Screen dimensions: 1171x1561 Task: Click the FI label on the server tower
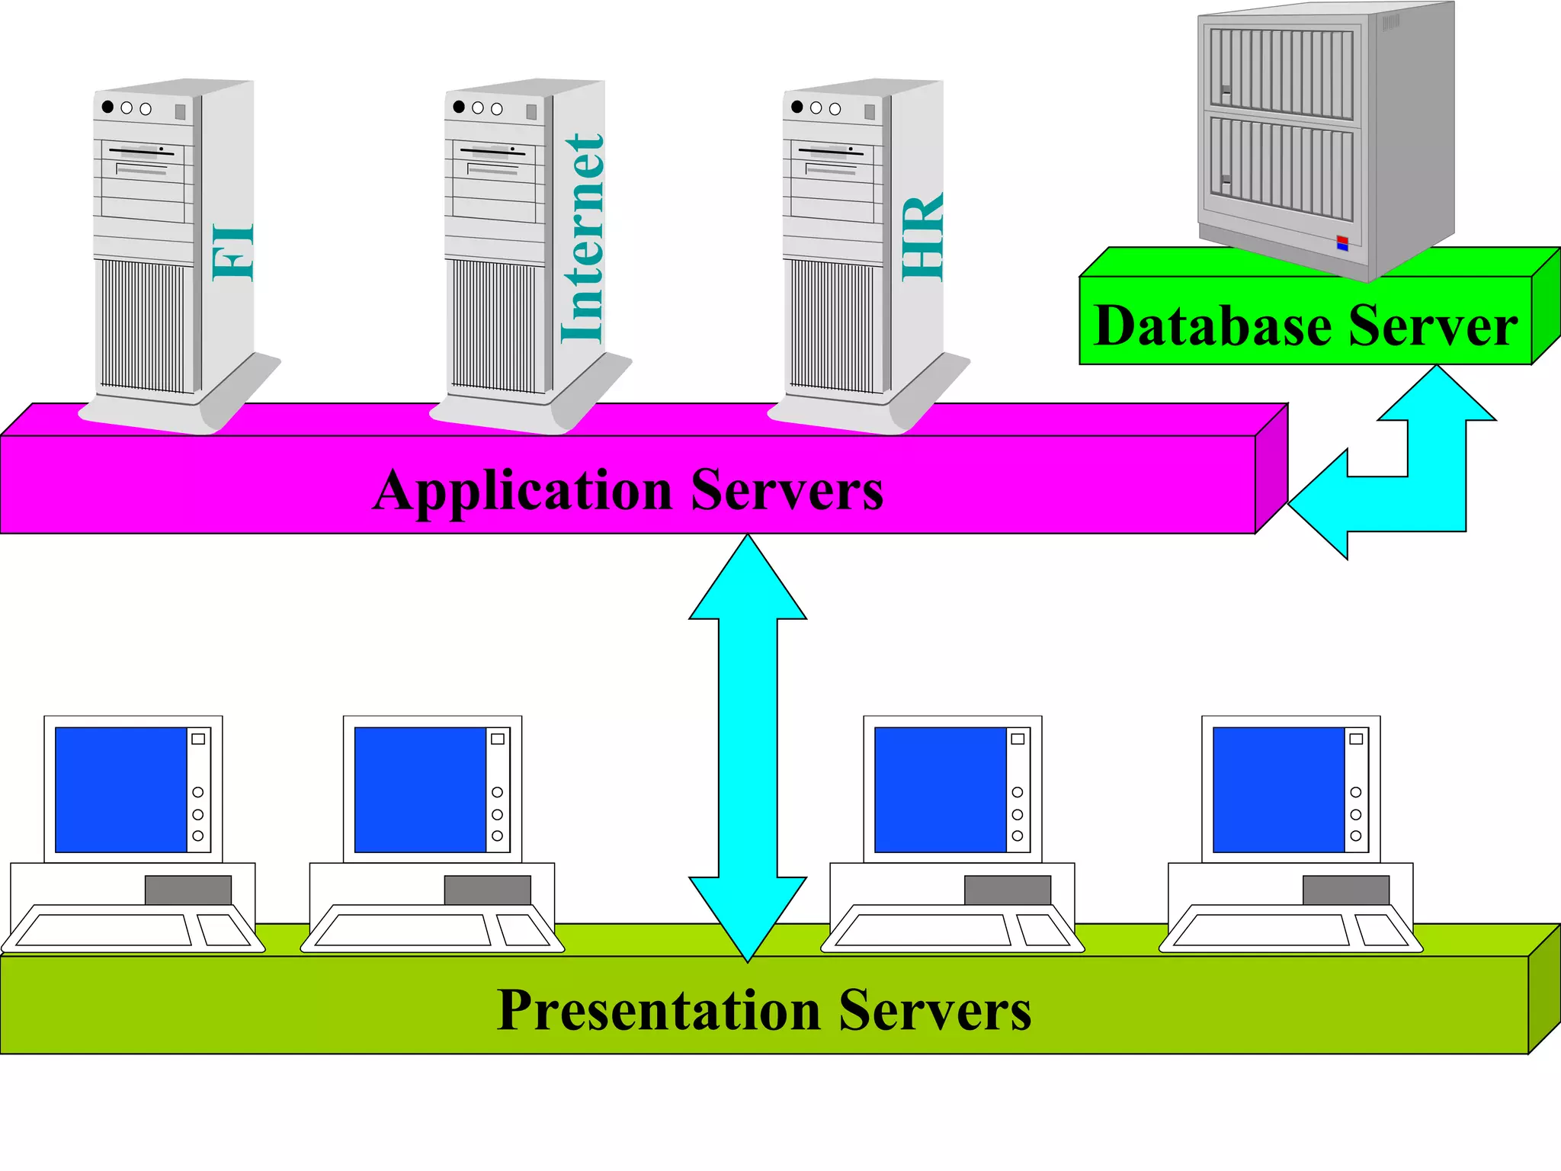pyautogui.click(x=232, y=252)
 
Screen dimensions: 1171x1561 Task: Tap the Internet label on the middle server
pyautogui.click(x=583, y=239)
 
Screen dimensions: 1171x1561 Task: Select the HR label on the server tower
pyautogui.click(x=922, y=237)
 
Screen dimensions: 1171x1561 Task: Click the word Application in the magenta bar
pyautogui.click(x=523, y=492)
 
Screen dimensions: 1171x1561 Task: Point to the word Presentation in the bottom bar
pyautogui.click(x=659, y=1011)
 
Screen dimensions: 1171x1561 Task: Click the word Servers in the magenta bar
pyautogui.click(x=787, y=490)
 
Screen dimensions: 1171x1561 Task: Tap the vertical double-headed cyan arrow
pyautogui.click(x=748, y=747)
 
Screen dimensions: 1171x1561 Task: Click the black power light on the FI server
pyautogui.click(x=107, y=107)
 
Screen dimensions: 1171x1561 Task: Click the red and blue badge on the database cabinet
pyautogui.click(x=1342, y=243)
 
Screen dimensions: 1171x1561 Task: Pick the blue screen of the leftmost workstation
pyautogui.click(x=121, y=789)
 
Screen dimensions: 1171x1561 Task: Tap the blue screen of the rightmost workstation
pyautogui.click(x=1278, y=789)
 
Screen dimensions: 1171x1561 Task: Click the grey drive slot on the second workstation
pyautogui.click(x=487, y=890)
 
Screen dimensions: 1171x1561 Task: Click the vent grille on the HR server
pyautogui.click(x=832, y=324)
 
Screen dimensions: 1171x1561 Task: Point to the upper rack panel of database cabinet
pyautogui.click(x=1281, y=72)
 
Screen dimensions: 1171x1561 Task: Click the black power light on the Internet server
pyautogui.click(x=459, y=107)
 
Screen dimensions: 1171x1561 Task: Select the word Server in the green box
pyautogui.click(x=1433, y=326)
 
